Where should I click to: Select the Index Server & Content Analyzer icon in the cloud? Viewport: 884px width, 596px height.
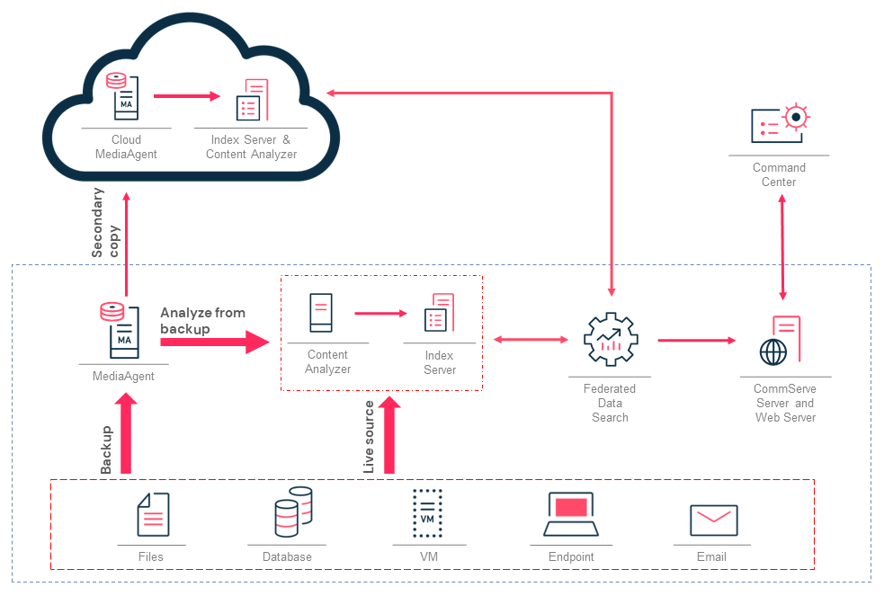252,100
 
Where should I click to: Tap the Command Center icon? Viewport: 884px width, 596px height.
780,125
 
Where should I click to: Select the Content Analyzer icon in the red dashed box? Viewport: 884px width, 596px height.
320,314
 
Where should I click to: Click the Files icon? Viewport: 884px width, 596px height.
152,516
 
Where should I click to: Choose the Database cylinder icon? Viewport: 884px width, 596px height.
292,512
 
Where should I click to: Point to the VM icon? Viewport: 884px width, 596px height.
428,513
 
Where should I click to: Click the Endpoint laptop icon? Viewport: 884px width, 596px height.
571,515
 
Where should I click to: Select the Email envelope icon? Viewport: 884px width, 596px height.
713,520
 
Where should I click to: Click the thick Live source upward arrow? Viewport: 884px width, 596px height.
389,436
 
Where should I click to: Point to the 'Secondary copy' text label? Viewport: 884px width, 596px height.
105,223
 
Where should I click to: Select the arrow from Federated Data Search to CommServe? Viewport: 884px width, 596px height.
696,341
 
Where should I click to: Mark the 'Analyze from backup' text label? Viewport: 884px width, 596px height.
202,321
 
